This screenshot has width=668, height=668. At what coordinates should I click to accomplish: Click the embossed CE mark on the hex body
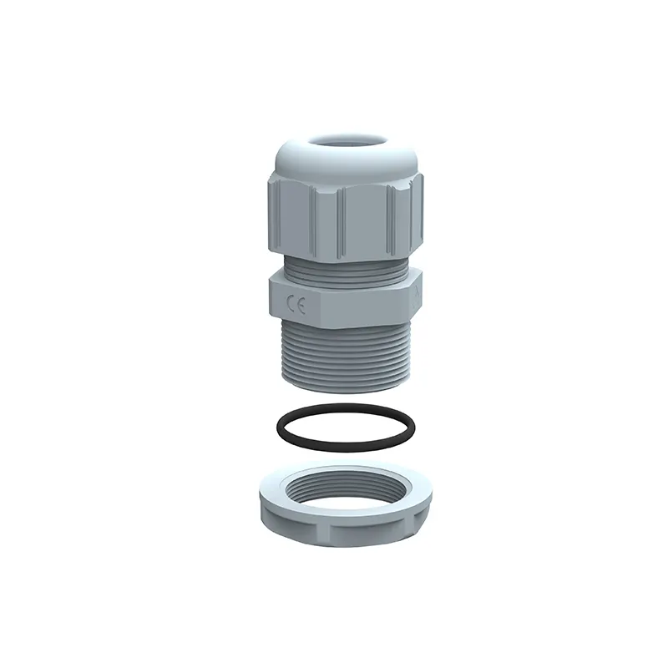tap(296, 305)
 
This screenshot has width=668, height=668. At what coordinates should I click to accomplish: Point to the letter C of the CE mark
tap(291, 303)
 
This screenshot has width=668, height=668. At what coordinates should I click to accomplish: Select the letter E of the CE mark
tap(301, 306)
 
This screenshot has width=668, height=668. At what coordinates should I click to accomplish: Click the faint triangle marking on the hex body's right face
tap(415, 297)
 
